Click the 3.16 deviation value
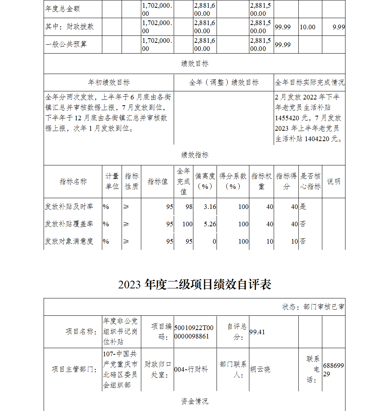[210, 207]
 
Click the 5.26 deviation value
[210, 224]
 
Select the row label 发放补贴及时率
[69, 207]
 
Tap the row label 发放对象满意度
[69, 241]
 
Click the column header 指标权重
[261, 181]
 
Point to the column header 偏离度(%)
[205, 181]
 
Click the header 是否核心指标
[310, 181]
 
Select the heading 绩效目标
[195, 64]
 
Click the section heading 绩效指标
[195, 155]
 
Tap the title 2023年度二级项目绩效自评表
[195, 285]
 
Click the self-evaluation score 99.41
[257, 332]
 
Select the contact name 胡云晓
[260, 369]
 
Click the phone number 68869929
[333, 369]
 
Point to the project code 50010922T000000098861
[193, 332]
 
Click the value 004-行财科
[191, 369]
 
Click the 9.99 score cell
[339, 27]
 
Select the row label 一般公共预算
[66, 44]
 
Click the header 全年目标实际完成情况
[310, 83]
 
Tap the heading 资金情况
[195, 401]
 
